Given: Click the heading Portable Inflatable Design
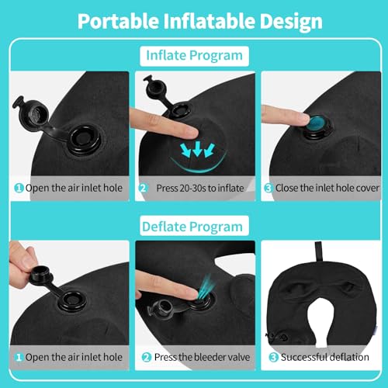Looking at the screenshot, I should click(x=194, y=21).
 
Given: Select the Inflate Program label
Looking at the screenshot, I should click(x=194, y=56).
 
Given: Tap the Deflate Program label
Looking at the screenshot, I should click(x=194, y=227).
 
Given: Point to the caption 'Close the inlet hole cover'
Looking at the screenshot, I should click(x=323, y=188).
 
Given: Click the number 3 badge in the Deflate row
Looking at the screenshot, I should click(x=272, y=358).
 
